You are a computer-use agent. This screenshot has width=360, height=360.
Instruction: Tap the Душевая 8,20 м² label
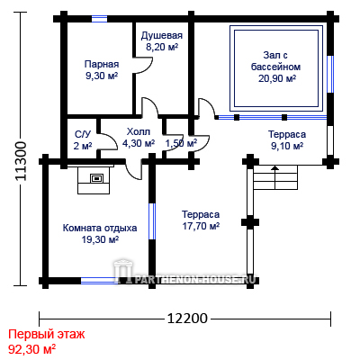coord(162,41)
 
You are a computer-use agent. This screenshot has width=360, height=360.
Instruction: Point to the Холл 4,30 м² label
coord(139,138)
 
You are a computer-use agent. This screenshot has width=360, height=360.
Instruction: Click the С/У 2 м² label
coord(83,139)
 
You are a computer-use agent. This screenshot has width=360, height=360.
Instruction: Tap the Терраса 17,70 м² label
coord(201,220)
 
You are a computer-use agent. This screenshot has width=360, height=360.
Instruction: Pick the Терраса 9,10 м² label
coord(286,139)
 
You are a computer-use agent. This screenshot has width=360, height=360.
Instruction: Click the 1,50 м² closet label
coord(181,143)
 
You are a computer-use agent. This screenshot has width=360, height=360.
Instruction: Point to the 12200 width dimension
coord(187,319)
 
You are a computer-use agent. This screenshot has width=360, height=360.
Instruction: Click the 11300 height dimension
coord(22,161)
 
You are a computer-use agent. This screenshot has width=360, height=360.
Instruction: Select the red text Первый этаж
coord(47,334)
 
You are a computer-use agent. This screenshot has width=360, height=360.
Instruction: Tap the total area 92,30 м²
coord(31,349)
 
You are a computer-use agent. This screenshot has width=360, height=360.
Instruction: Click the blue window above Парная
coord(99,19)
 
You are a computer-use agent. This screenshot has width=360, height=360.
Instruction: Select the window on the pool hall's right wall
coord(330,74)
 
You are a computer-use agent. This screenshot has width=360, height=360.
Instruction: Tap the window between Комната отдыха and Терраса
coord(152,221)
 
